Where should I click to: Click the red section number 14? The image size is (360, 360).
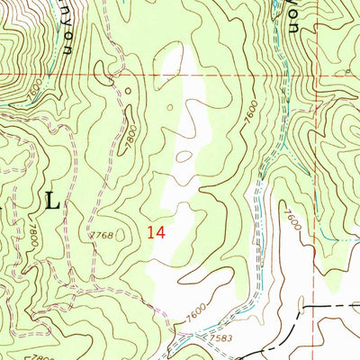156,232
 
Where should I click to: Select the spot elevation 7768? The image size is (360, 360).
102,236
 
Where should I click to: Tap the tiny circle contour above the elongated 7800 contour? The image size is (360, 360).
128,89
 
